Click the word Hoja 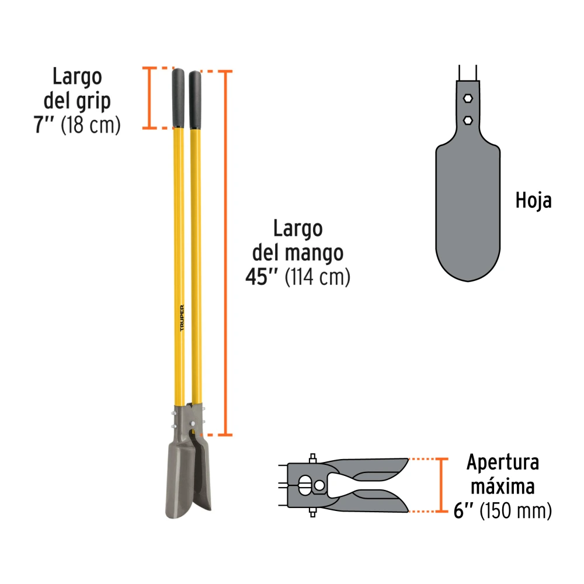click(x=533, y=201)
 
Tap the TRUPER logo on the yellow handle click(x=182, y=318)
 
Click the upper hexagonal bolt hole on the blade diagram click(x=468, y=98)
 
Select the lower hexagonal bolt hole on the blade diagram click(x=468, y=120)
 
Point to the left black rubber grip click(x=178, y=98)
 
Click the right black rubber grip click(x=195, y=100)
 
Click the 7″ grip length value click(x=44, y=124)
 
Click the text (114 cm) click(x=317, y=277)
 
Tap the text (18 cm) click(x=91, y=125)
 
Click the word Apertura click(x=503, y=463)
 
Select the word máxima click(x=503, y=486)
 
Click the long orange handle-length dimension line click(x=225, y=253)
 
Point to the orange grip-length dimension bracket click(x=150, y=98)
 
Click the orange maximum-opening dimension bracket click(x=442, y=485)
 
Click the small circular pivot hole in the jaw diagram click(x=319, y=486)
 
